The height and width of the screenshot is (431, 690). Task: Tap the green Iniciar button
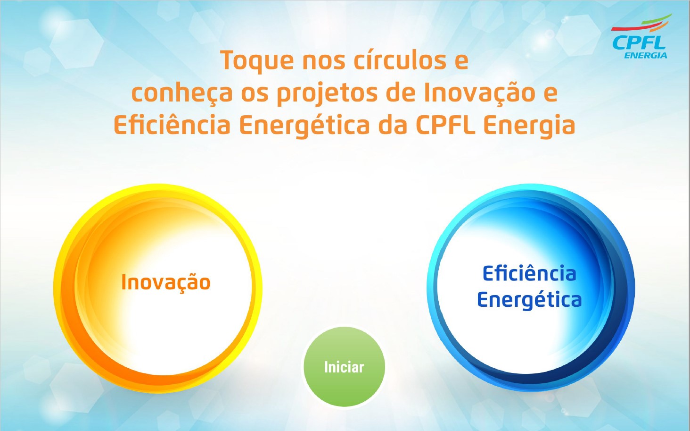coord(344,366)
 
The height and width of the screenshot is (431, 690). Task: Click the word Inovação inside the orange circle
coord(166,283)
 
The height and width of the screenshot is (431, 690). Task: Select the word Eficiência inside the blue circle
coord(529,273)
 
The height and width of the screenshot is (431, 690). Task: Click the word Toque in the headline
coord(257,61)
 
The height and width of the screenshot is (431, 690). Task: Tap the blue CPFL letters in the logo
coord(639,42)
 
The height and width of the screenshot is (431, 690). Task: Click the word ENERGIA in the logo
coord(646,56)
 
